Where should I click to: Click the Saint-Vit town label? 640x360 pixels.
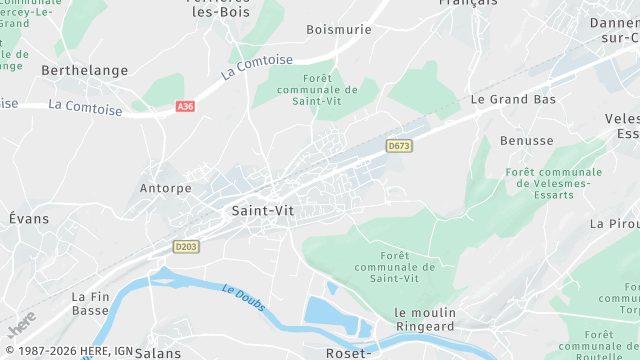[x=262, y=211]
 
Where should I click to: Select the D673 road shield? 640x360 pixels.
[x=399, y=146]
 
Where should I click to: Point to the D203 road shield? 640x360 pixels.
[x=185, y=246]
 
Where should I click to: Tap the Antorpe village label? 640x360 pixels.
[x=165, y=188]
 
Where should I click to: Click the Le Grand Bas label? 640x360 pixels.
[x=513, y=100]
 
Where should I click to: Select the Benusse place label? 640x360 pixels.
[x=527, y=141]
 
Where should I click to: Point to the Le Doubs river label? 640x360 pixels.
[x=244, y=297]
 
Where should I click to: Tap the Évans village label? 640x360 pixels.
[x=28, y=218]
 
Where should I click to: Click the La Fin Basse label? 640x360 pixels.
[x=90, y=303]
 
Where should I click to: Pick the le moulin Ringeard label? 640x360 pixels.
[x=425, y=319]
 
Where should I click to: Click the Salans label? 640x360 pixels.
[x=158, y=353]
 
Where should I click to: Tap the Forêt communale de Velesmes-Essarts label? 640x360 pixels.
[x=554, y=183]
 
